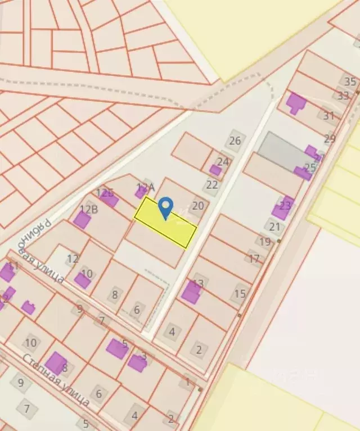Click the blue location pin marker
click(165, 208)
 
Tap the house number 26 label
click(235, 140)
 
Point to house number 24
click(223, 162)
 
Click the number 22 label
click(212, 184)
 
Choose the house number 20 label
click(198, 206)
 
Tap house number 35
click(350, 82)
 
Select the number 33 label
click(343, 96)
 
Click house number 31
click(328, 116)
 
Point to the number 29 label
click(330, 138)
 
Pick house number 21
click(274, 227)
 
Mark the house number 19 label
click(265, 242)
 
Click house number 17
click(254, 259)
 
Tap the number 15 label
click(240, 293)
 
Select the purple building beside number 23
click(283, 208)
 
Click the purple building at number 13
click(191, 292)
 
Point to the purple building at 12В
click(82, 220)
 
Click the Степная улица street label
click(56, 380)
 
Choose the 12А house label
click(145, 187)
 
